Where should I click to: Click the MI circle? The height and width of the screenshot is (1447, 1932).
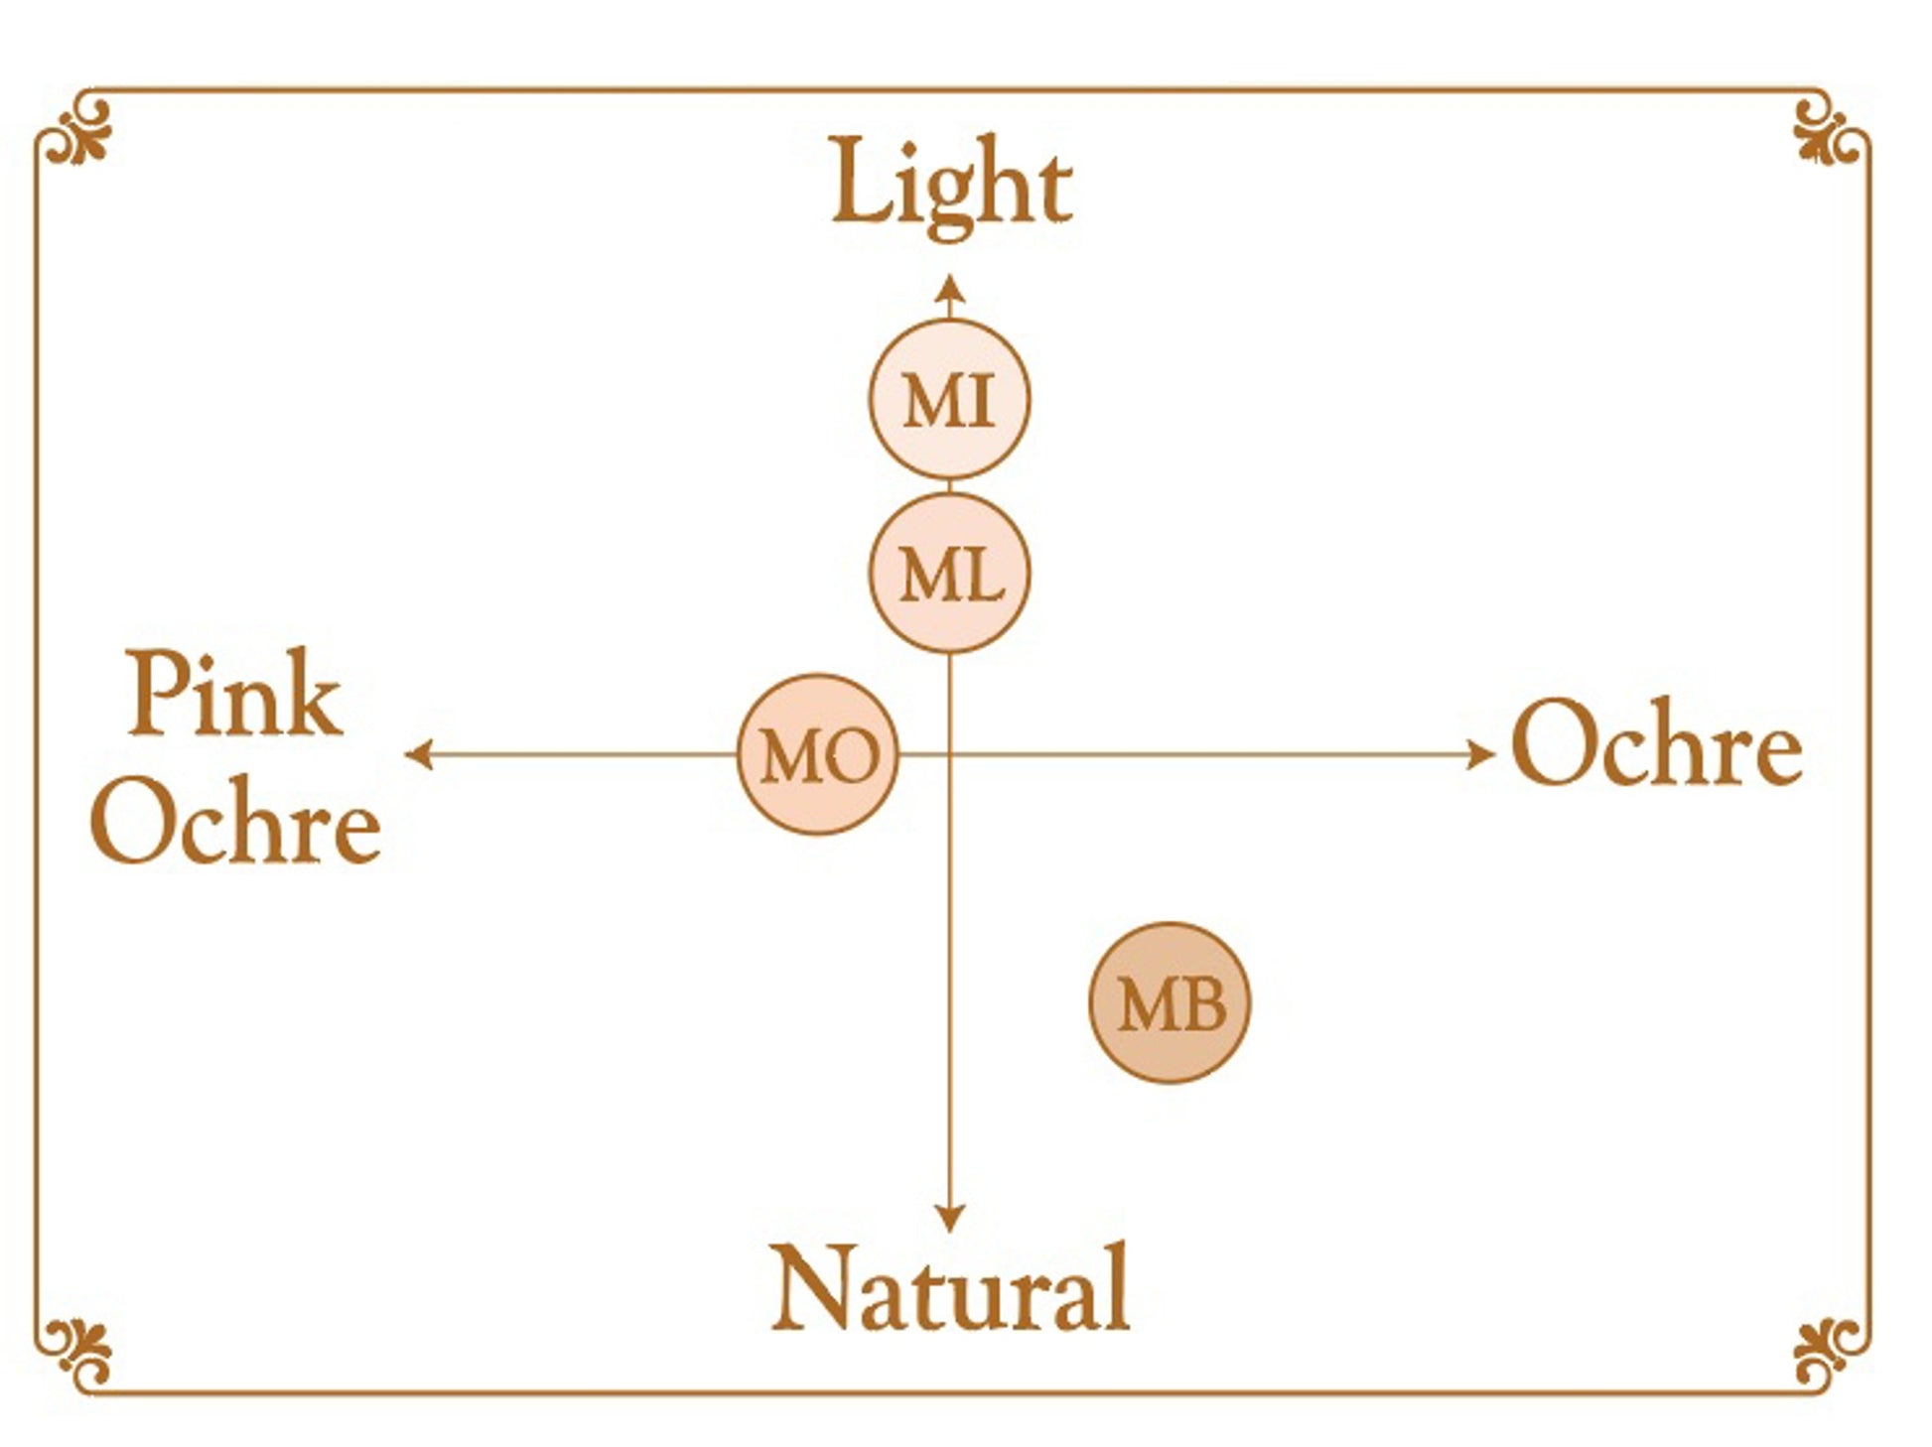click(x=949, y=400)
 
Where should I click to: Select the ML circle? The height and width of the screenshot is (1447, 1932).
click(x=949, y=574)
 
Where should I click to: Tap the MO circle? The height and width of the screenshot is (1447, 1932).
click(x=817, y=754)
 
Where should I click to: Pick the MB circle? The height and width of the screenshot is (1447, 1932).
click(x=1170, y=1002)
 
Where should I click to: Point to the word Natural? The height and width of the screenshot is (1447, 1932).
click(x=950, y=1288)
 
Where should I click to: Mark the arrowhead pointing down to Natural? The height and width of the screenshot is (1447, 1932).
click(x=950, y=1218)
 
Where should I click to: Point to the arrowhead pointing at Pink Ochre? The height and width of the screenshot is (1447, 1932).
click(x=418, y=754)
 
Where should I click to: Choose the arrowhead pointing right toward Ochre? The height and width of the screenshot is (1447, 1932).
click(x=1481, y=754)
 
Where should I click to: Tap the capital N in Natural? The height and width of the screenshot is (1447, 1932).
click(x=811, y=1287)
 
